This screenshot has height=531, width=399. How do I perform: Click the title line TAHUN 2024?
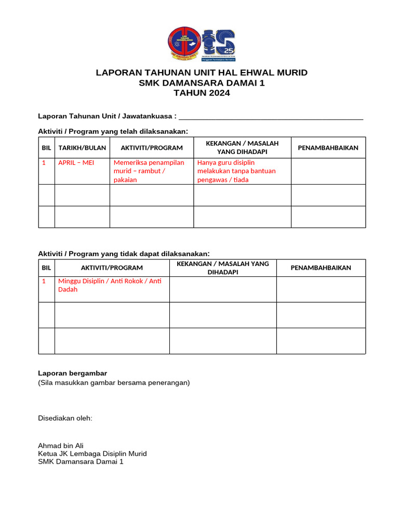click(x=202, y=93)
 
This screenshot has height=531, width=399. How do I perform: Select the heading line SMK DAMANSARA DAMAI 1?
click(x=202, y=83)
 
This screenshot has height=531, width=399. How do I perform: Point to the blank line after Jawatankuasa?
click(x=271, y=116)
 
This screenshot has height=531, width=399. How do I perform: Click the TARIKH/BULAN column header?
click(x=82, y=148)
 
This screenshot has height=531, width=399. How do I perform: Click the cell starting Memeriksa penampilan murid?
click(x=149, y=171)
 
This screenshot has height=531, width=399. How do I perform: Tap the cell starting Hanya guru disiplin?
click(x=236, y=171)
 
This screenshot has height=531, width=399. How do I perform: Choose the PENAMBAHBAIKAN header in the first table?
click(x=328, y=148)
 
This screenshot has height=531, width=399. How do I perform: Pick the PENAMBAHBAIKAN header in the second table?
click(x=321, y=268)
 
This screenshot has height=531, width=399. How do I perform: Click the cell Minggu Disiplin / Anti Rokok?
click(x=110, y=285)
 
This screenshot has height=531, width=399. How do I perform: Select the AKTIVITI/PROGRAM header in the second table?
click(x=112, y=268)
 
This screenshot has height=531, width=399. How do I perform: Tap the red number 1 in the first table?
click(x=44, y=163)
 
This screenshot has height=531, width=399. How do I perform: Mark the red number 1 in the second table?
click(x=44, y=281)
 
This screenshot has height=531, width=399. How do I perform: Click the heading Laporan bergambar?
click(x=73, y=373)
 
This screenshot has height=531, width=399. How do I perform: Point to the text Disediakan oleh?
click(x=65, y=418)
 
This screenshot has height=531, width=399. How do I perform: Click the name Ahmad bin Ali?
click(x=61, y=445)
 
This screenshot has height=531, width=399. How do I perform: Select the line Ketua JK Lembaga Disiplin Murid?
click(x=92, y=454)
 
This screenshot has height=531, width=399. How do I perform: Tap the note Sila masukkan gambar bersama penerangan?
click(x=114, y=383)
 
